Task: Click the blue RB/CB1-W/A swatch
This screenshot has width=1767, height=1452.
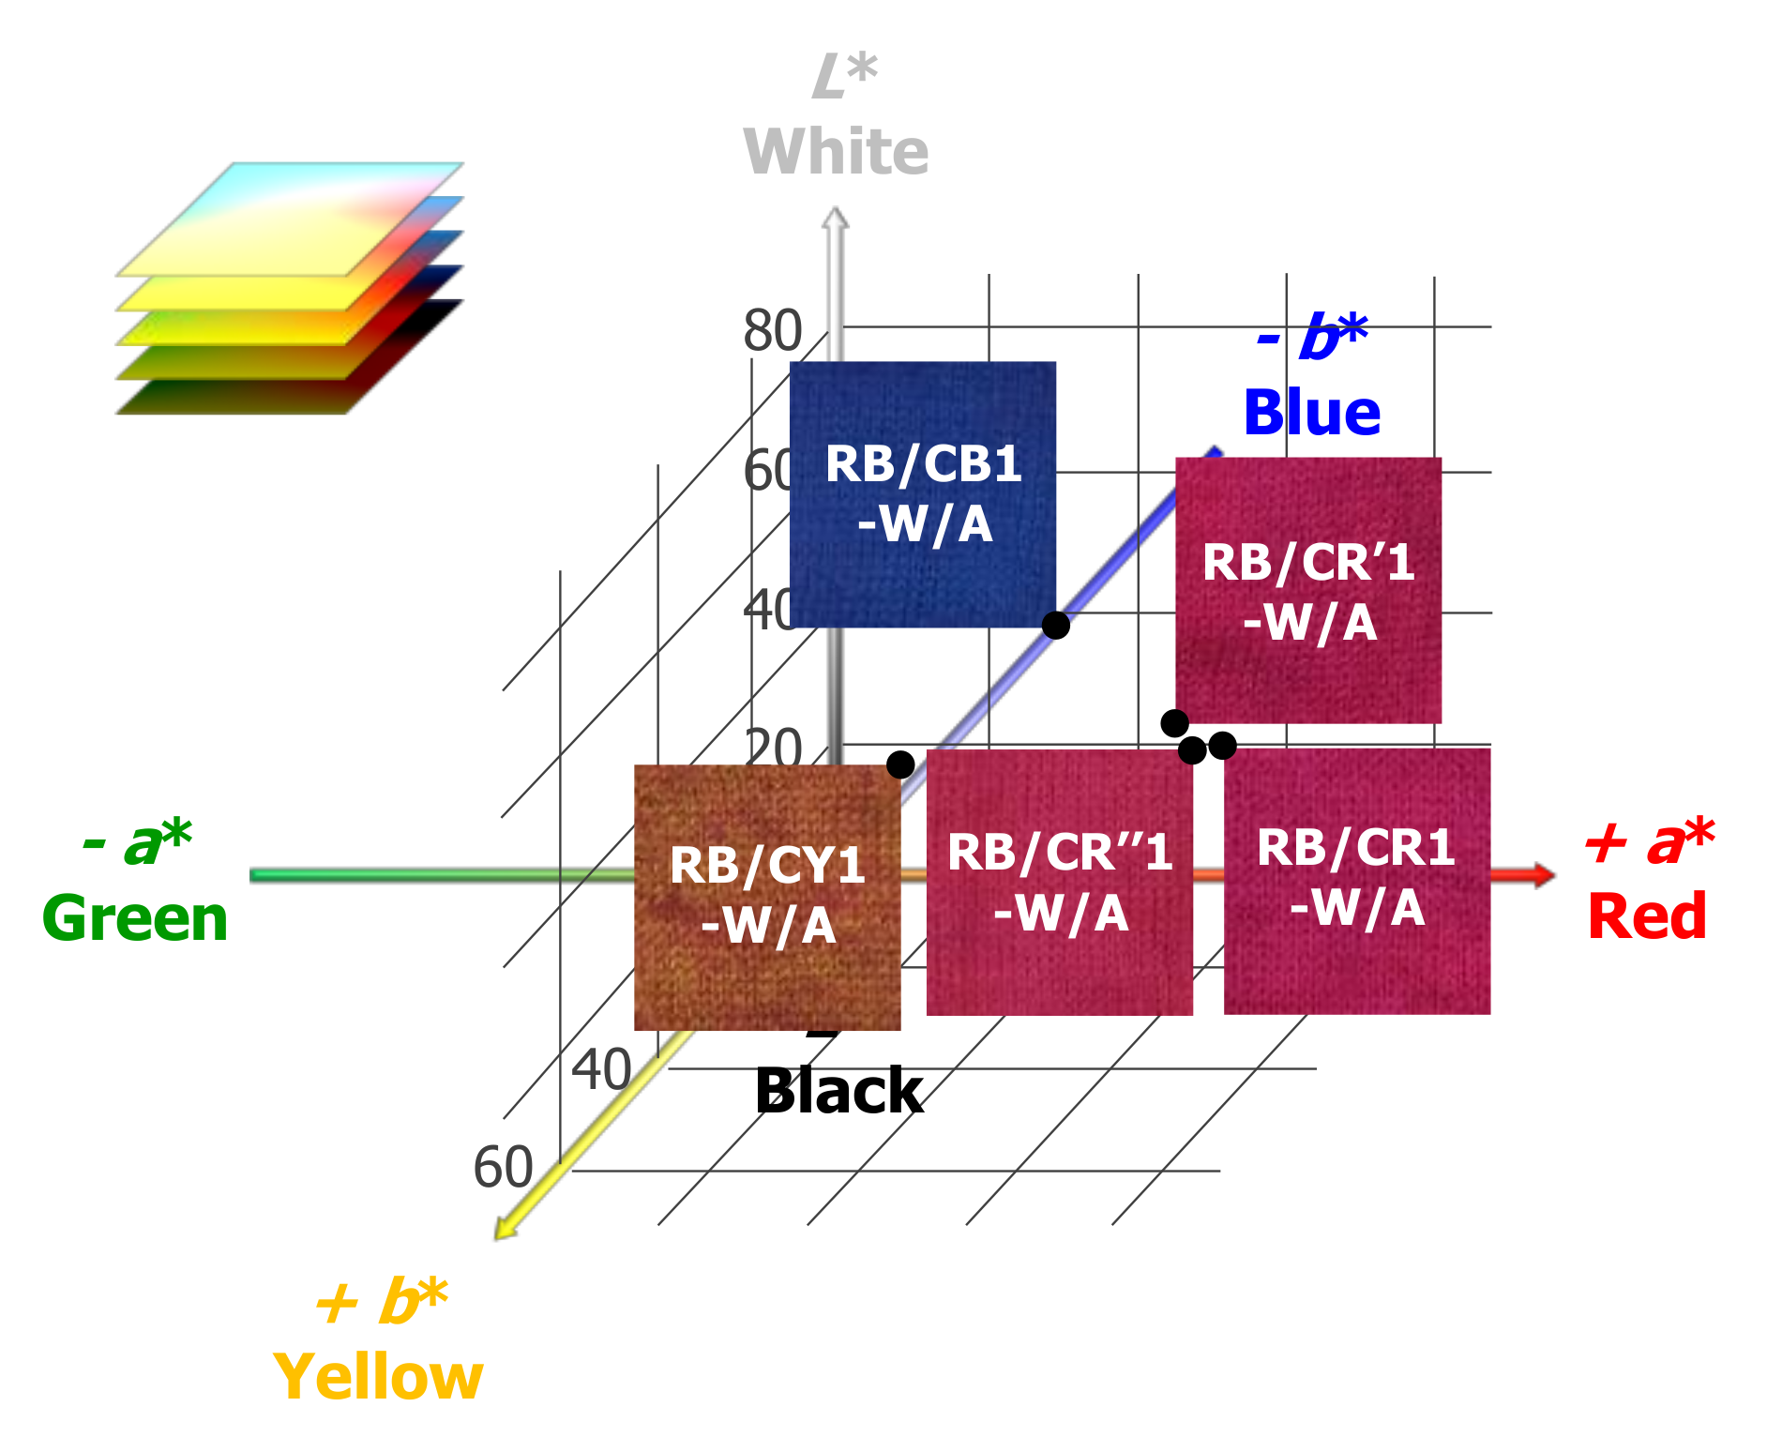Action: tap(923, 494)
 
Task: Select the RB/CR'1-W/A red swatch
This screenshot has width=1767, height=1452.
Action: tap(1308, 590)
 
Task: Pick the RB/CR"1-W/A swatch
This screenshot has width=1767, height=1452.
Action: tap(1060, 882)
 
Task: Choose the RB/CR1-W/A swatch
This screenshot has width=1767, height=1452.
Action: tap(1357, 880)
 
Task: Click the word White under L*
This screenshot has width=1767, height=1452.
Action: tap(836, 152)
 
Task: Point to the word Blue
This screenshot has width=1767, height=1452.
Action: tap(1312, 413)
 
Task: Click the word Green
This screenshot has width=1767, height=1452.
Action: tap(135, 918)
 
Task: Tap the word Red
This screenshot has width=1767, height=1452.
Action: tap(1647, 916)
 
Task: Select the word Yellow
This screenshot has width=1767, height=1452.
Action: tap(378, 1377)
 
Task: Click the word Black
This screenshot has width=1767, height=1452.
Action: tap(839, 1091)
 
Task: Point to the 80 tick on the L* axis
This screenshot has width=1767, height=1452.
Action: tap(773, 330)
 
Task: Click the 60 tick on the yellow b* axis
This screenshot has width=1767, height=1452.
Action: tap(503, 1168)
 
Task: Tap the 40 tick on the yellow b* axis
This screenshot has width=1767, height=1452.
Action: tap(601, 1069)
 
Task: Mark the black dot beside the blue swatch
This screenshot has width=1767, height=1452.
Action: tap(1056, 625)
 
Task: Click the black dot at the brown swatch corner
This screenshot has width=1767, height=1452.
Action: tap(900, 764)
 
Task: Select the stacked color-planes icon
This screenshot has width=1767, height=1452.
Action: tap(289, 289)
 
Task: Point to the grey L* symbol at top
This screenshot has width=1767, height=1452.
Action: tap(844, 76)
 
